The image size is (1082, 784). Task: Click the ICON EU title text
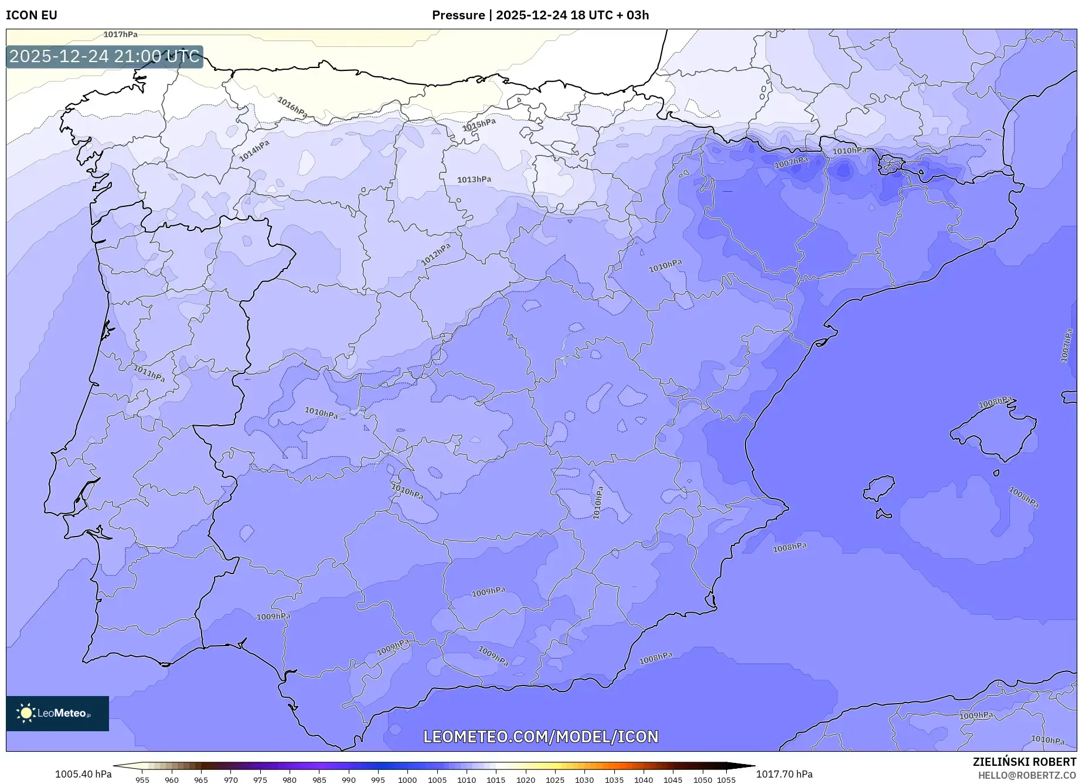pyautogui.click(x=32, y=15)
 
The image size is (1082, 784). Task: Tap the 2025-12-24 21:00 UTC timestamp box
pyautogui.click(x=104, y=57)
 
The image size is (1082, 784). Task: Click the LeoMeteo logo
pyautogui.click(x=57, y=713)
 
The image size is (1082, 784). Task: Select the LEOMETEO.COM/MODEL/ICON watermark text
pyautogui.click(x=540, y=737)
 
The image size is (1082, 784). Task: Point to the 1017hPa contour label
pyautogui.click(x=120, y=35)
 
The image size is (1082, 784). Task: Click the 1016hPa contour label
pyautogui.click(x=292, y=107)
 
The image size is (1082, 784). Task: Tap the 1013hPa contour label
pyautogui.click(x=474, y=179)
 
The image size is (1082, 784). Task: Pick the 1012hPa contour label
pyautogui.click(x=436, y=254)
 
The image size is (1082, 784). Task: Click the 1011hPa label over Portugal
pyautogui.click(x=149, y=374)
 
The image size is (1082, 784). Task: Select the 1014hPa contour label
pyautogui.click(x=254, y=151)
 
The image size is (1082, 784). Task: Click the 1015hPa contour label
pyautogui.click(x=479, y=125)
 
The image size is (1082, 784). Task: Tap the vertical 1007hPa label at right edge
pyautogui.click(x=1066, y=346)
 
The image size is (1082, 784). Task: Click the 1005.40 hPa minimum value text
pyautogui.click(x=83, y=774)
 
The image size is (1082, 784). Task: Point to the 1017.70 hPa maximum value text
pyautogui.click(x=784, y=774)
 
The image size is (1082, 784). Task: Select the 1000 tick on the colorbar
pyautogui.click(x=407, y=780)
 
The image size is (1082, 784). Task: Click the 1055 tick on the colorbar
pyautogui.click(x=726, y=780)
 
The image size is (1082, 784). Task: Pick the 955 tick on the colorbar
pyautogui.click(x=142, y=780)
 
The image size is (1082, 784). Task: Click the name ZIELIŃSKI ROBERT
pyautogui.click(x=1024, y=762)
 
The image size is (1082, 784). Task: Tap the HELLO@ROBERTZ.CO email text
pyautogui.click(x=1026, y=775)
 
